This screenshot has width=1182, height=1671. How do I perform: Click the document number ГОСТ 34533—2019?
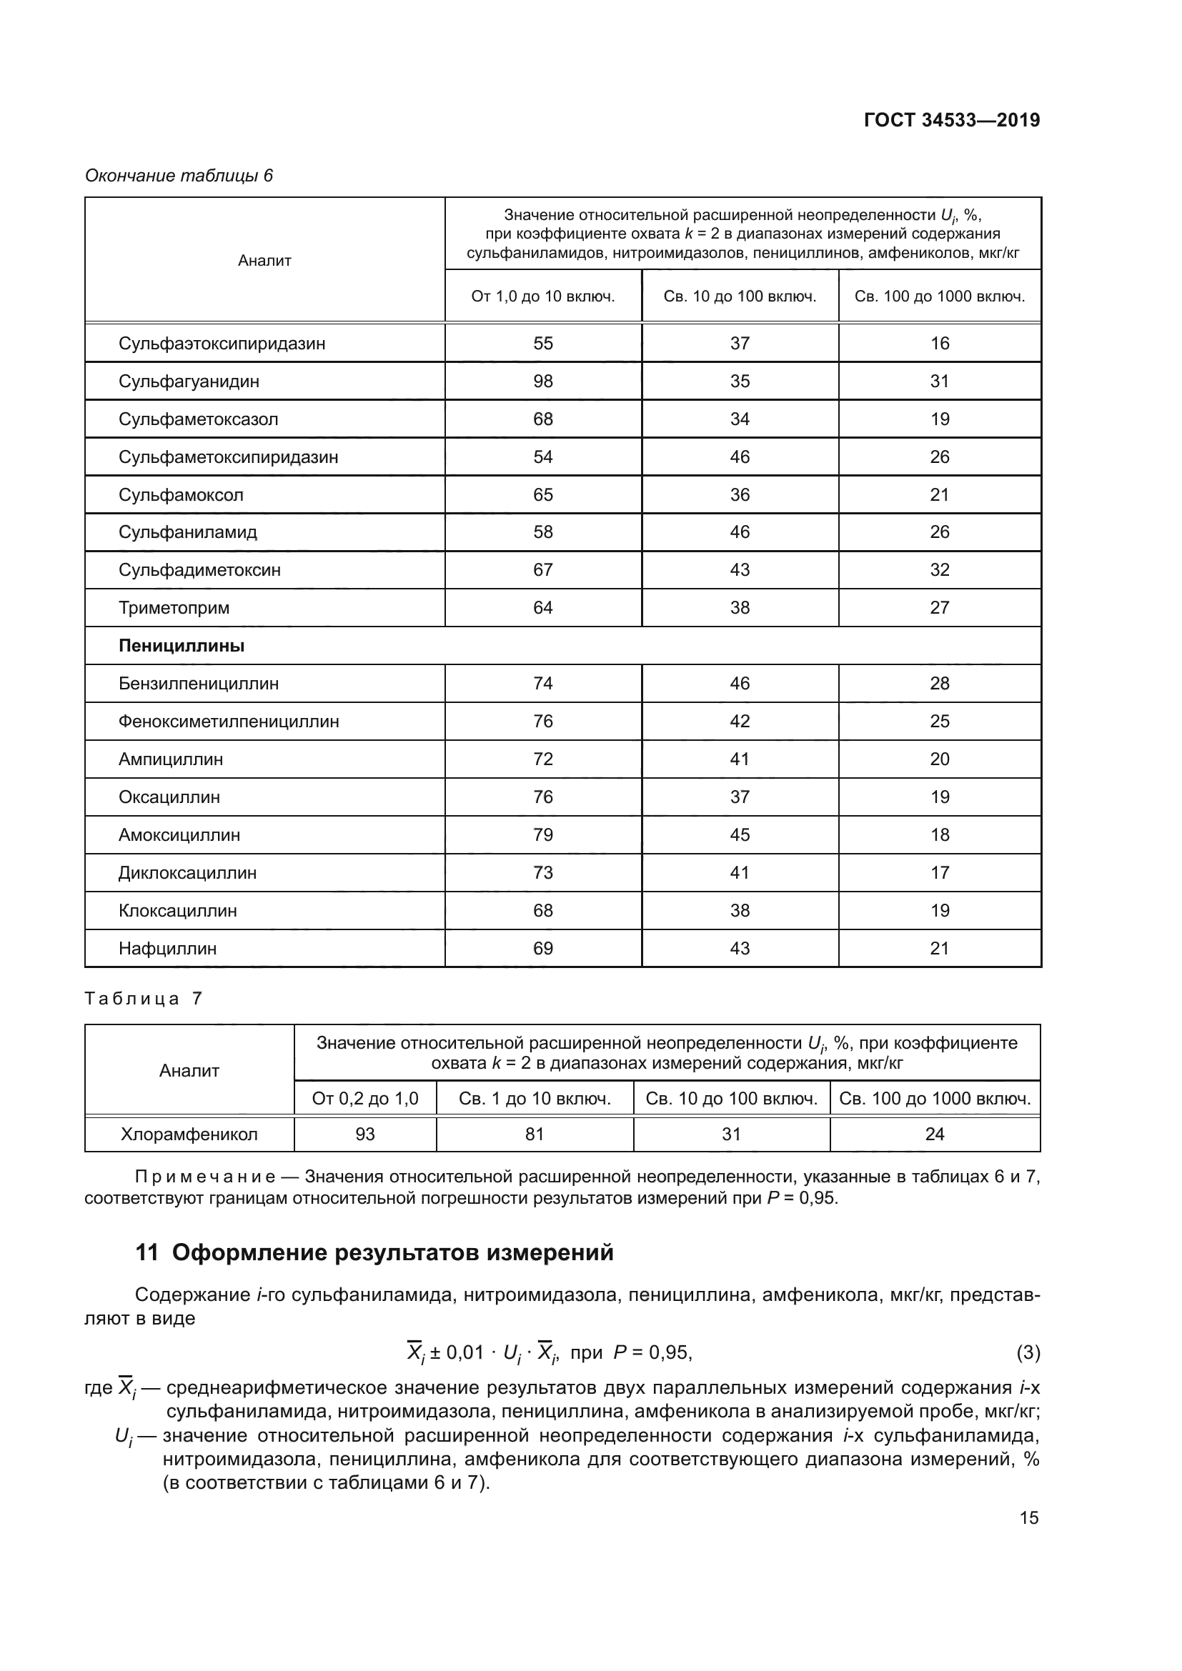tap(951, 120)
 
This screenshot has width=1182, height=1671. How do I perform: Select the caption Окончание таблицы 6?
tap(179, 176)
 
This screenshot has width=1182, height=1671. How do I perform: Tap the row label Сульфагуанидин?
tap(189, 381)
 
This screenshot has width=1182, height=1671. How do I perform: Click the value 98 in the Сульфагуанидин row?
tap(543, 381)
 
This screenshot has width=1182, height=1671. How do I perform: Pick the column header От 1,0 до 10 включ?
tap(543, 296)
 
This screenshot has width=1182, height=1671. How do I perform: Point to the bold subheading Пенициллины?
tap(182, 646)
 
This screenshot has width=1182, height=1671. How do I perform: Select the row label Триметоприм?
tap(174, 608)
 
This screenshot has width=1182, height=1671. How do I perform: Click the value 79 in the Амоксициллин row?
tap(543, 834)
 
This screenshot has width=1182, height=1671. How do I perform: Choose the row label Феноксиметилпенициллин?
tap(229, 722)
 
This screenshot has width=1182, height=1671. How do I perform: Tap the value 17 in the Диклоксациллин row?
tap(940, 872)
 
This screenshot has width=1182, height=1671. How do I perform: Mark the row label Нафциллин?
tap(167, 948)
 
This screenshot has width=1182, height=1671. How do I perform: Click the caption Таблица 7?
tap(143, 999)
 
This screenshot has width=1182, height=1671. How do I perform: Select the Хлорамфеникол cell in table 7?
tap(189, 1134)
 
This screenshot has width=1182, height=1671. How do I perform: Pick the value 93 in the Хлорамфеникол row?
tap(365, 1134)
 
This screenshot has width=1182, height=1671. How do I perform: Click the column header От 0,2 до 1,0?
tap(365, 1098)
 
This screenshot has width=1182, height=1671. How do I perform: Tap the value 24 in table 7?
tap(935, 1134)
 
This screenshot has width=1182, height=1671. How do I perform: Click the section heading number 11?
tap(146, 1252)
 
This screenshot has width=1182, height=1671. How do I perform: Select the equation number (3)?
tap(1028, 1352)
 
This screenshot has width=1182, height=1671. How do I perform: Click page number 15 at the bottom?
tap(1028, 1517)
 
